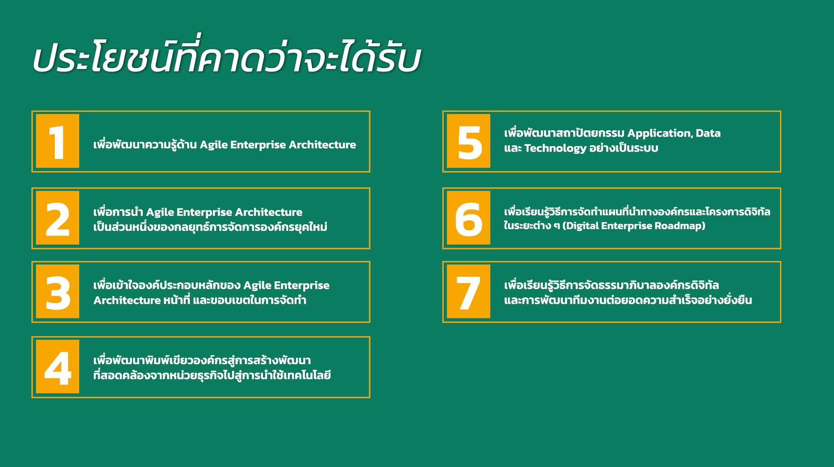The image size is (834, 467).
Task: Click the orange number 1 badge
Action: (x=57, y=141)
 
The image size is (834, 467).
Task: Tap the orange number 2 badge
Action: (x=57, y=218)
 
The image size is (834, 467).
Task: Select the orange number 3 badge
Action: (x=57, y=291)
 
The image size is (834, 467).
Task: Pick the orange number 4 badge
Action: (x=57, y=367)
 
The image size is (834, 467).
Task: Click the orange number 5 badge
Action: (x=468, y=141)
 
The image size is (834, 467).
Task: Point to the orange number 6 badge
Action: (x=468, y=218)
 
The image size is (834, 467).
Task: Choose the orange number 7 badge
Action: (x=468, y=291)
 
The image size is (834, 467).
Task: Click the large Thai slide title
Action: (x=227, y=56)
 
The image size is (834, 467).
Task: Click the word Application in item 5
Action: (x=660, y=134)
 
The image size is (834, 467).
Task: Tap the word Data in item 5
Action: (x=708, y=133)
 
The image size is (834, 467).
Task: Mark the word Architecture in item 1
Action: (x=322, y=145)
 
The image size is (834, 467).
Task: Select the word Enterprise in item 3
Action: (x=302, y=286)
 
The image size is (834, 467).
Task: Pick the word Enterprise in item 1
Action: (x=258, y=145)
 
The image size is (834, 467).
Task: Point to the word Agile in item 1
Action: (x=213, y=145)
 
